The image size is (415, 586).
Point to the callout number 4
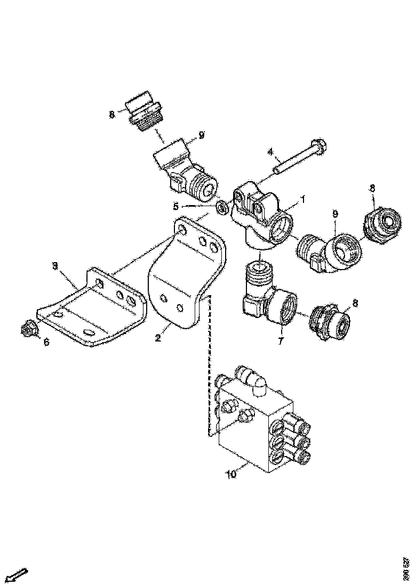[270, 151]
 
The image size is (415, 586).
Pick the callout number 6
[46, 342]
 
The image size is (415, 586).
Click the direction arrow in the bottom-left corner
[17, 574]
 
